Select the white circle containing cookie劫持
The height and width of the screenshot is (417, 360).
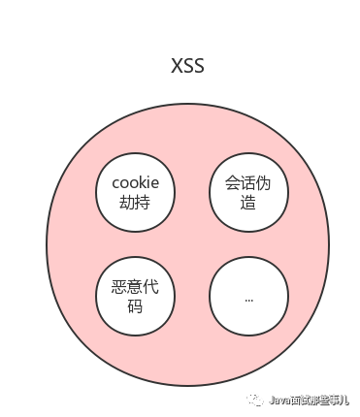point(136,192)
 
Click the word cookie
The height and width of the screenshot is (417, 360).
point(136,182)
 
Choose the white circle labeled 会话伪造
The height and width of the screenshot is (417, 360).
point(248,192)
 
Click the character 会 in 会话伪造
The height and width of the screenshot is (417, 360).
point(233,182)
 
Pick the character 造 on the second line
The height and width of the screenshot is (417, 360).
point(248,202)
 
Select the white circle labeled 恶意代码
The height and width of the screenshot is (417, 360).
point(136,297)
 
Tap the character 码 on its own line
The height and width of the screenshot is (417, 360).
point(136,307)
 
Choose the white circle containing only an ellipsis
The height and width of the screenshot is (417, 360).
point(248,297)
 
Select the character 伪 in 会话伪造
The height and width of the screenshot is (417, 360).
point(265,182)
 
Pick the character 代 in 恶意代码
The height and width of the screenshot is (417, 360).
point(152,288)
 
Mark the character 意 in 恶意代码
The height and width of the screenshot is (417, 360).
point(136,288)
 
